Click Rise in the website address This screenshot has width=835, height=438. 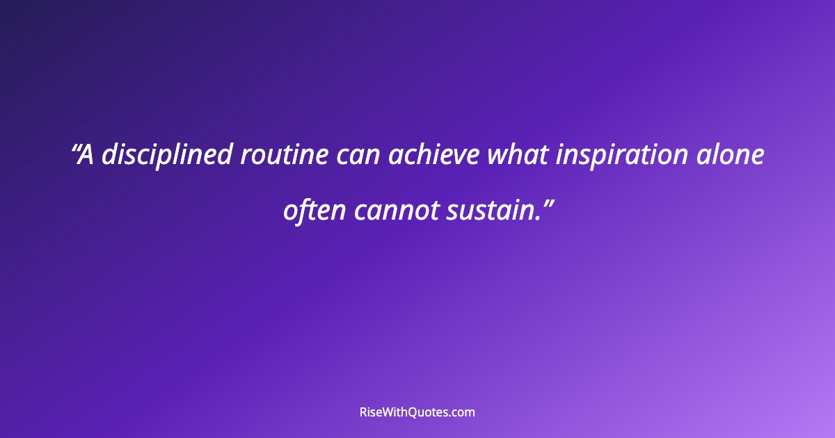[371, 412]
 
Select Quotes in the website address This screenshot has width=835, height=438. [431, 412]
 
